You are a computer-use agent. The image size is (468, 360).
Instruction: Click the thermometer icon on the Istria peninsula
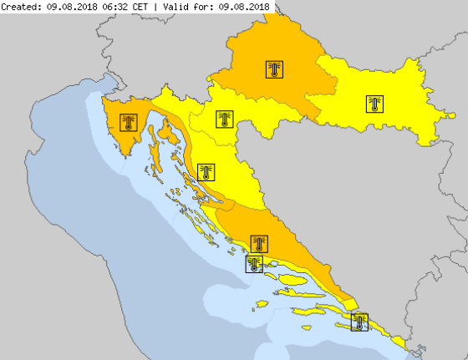[128, 124]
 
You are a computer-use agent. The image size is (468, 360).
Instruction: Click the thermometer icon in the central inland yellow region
[223, 119]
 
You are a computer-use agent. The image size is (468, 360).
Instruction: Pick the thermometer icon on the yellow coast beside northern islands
[206, 173]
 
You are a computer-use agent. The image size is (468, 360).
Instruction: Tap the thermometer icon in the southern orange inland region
[260, 244]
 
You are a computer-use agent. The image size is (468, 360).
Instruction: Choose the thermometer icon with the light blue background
[254, 264]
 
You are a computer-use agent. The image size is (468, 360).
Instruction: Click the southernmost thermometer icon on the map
[359, 322]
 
